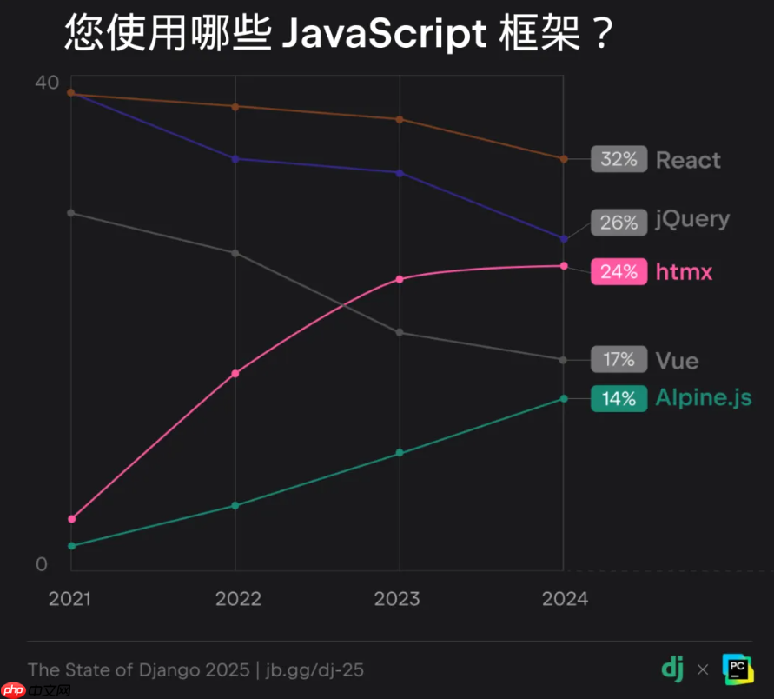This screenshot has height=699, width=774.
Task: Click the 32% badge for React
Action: (619, 160)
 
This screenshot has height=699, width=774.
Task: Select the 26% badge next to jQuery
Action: (619, 223)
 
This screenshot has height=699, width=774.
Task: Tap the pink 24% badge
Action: (619, 272)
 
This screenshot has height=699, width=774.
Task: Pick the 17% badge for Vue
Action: (619, 359)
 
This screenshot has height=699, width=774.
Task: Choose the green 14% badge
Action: (619, 398)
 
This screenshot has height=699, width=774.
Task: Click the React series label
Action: (688, 160)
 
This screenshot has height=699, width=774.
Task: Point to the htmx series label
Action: (684, 272)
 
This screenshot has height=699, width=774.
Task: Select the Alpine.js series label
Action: (703, 398)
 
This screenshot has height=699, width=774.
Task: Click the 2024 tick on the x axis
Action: (565, 599)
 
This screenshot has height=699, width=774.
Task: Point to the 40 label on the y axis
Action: (46, 83)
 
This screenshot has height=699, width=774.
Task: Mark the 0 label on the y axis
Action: (41, 564)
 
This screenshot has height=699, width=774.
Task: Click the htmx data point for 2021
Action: (71, 519)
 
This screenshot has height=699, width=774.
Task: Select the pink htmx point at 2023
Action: (400, 279)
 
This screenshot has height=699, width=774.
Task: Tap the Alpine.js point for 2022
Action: (235, 505)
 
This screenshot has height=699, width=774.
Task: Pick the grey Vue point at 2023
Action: (400, 332)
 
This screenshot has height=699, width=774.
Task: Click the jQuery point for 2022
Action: (235, 158)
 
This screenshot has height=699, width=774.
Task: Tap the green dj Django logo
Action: (671, 668)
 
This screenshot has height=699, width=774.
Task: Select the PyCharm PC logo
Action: (738, 668)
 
